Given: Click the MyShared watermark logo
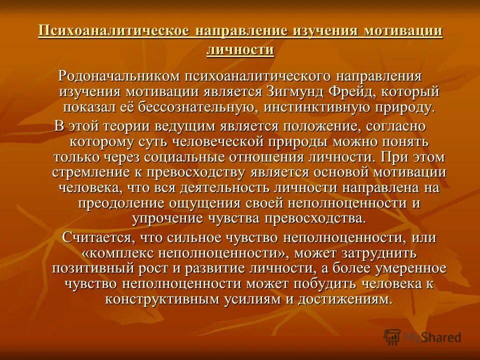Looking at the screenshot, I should pyautogui.click(x=422, y=336).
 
